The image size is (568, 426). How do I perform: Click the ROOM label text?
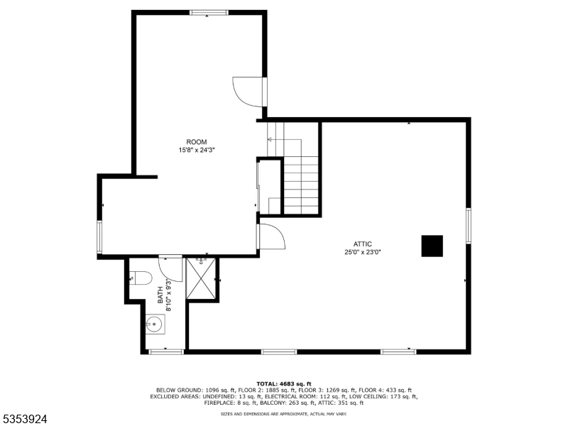tap(197, 142)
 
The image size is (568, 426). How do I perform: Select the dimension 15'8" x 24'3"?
tap(197, 151)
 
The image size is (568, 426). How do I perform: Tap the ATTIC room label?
tap(363, 244)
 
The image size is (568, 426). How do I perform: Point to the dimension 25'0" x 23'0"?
tap(363, 252)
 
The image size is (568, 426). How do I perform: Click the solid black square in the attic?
tap(432, 246)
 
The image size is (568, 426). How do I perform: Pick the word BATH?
tap(160, 290)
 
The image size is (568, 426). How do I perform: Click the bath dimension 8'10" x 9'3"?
tap(168, 294)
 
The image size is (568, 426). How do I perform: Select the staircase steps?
tap(302, 185)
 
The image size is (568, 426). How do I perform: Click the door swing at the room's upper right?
tap(248, 91)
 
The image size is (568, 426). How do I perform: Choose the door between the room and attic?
tap(270, 236)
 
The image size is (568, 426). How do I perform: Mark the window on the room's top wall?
tap(209, 12)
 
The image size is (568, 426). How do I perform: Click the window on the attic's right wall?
tap(468, 226)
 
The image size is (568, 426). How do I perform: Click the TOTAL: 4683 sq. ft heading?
tap(284, 383)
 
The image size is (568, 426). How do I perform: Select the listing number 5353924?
tap(25, 420)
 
